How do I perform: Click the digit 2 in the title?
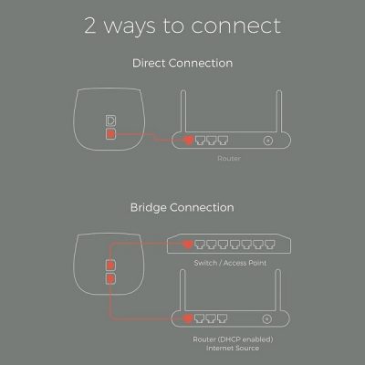point(90,26)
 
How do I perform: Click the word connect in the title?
point(236,26)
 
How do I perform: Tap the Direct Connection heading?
point(182,63)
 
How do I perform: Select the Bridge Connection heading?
point(182,207)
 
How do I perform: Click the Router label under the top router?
point(229,158)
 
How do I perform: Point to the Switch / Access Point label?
point(230,263)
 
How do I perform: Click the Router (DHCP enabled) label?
point(233,339)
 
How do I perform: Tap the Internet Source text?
point(233,348)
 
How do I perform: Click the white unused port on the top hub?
point(110,120)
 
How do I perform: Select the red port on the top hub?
point(110,134)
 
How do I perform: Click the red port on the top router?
point(189,141)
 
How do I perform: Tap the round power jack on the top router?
point(268,141)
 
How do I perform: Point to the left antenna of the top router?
point(183,111)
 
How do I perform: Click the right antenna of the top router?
point(279,111)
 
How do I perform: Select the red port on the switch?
point(188,244)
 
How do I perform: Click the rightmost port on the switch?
point(270,245)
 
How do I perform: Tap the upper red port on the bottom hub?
point(110,266)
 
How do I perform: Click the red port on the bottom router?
point(188,318)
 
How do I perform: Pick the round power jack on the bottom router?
point(267,319)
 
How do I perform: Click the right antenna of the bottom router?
point(278,290)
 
